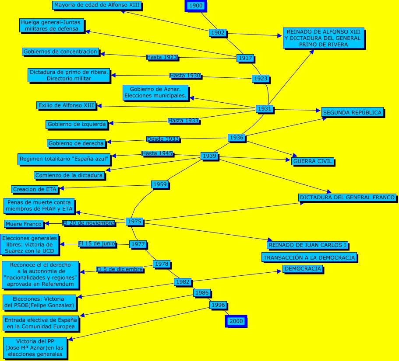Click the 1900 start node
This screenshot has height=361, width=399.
195,6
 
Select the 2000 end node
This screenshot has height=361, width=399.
236,321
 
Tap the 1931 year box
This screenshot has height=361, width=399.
265,108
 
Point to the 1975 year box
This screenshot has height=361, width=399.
135,222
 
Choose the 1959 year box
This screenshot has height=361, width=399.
160,184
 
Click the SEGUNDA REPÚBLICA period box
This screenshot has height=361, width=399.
353,112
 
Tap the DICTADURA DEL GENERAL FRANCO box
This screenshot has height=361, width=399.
348,198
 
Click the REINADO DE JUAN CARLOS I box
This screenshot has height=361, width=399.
308,245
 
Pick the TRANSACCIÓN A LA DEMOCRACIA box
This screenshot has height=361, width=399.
309,257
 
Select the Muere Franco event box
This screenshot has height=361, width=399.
24,224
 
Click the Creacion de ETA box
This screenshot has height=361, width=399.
35,189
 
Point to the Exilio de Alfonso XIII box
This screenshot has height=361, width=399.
66,105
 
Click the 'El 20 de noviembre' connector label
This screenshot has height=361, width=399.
89,223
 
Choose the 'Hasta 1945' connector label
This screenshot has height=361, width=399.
157,153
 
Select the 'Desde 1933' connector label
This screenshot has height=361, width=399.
163,139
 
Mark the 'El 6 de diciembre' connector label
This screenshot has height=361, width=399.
120,269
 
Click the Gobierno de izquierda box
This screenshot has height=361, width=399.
77,125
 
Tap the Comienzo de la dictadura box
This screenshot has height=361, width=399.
69,175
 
